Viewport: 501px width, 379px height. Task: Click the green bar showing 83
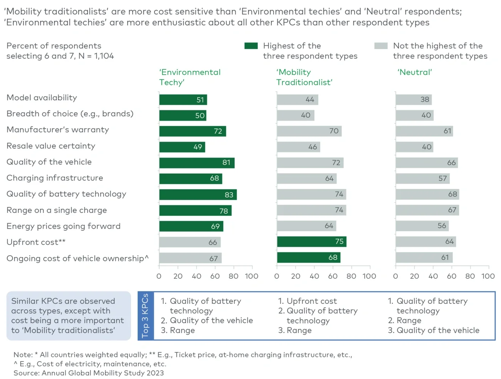(x=198, y=195)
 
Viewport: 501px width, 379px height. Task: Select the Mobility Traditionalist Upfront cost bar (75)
(x=311, y=242)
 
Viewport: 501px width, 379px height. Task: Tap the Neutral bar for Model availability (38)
(x=413, y=99)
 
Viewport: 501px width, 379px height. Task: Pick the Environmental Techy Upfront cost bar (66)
(x=190, y=242)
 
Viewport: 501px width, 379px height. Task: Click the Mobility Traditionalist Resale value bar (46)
(x=298, y=147)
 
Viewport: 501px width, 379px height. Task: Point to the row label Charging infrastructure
(x=55, y=178)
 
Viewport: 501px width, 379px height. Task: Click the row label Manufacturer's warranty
(x=58, y=130)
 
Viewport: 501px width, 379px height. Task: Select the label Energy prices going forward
(x=64, y=226)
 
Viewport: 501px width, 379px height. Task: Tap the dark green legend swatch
(x=251, y=46)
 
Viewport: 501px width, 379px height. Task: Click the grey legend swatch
(x=381, y=46)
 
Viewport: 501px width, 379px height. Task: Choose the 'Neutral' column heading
(x=414, y=72)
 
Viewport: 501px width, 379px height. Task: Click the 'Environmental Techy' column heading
(x=190, y=77)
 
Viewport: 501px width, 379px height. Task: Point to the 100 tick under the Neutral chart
(x=488, y=276)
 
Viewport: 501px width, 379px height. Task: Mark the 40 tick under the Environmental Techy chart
(x=197, y=276)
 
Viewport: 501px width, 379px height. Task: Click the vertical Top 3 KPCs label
(x=145, y=316)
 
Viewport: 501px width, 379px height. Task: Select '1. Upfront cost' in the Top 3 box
(x=307, y=301)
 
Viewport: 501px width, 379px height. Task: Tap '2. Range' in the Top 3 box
(x=404, y=321)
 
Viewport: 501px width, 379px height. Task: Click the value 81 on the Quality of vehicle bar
(x=226, y=163)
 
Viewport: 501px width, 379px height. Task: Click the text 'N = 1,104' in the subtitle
(x=96, y=56)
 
